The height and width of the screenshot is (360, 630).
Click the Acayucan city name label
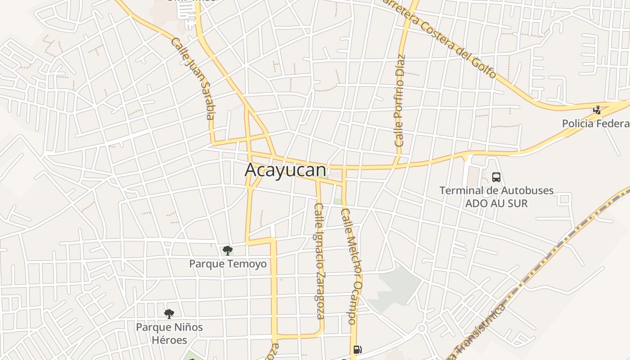(285, 170)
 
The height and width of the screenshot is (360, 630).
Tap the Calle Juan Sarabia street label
(198, 78)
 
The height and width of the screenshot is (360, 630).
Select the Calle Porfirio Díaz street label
(400, 101)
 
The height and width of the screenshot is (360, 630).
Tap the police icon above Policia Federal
(597, 109)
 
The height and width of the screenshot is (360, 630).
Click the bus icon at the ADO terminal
(496, 177)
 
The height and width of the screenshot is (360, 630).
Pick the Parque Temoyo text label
(228, 264)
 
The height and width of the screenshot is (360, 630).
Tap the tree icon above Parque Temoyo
(228, 250)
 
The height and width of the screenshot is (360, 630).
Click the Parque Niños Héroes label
(169, 333)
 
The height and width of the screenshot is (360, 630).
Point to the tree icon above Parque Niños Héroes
(169, 314)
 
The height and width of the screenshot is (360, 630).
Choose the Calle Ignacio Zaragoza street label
(319, 261)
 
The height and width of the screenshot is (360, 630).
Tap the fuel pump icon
(357, 349)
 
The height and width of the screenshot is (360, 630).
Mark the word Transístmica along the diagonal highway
(481, 328)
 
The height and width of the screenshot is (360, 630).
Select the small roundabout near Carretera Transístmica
(422, 328)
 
